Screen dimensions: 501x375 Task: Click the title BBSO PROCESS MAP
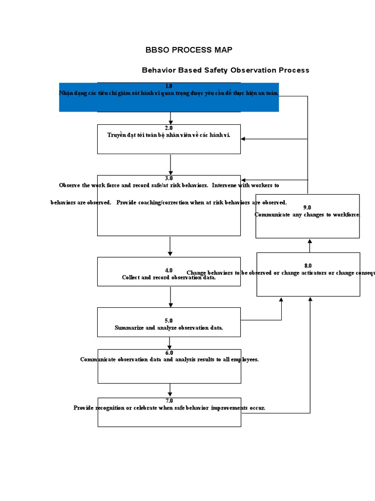(188, 50)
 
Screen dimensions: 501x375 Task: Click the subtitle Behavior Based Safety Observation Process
(225, 70)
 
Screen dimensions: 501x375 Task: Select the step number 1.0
(169, 86)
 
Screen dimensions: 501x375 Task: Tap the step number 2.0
(169, 128)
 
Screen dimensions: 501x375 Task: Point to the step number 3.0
(169, 179)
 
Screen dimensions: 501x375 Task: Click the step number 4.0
(169, 270)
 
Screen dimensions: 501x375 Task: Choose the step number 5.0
(169, 320)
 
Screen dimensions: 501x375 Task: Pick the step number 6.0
(169, 352)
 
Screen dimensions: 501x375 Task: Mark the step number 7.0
(169, 401)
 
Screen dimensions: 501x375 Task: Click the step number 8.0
(308, 266)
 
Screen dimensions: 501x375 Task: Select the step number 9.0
(307, 207)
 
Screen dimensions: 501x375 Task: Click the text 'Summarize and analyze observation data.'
(169, 328)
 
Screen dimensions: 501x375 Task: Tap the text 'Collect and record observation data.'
(169, 277)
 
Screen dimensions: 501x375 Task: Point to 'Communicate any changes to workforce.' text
(307, 215)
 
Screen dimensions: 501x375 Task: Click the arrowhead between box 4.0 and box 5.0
(170, 304)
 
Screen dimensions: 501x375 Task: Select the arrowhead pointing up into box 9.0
(310, 241)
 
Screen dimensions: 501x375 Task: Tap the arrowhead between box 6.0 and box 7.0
(170, 394)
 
